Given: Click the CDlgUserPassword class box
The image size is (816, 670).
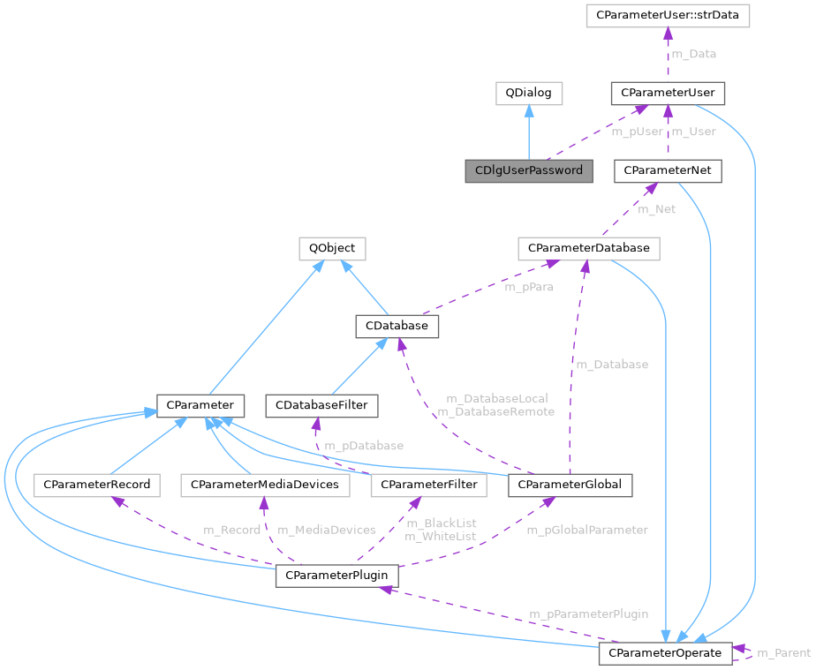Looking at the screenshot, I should pos(529,170).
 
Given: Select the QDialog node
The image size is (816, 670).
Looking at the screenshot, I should pos(528,92).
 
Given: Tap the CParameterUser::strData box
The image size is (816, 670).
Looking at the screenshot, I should pos(668,16).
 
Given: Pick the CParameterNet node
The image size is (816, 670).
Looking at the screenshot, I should pos(668,170).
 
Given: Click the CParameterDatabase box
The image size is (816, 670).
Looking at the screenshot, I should pos(588,248).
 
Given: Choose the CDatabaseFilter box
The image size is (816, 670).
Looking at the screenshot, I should pos(322,406).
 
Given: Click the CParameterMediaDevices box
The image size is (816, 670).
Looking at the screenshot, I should pos(265,485).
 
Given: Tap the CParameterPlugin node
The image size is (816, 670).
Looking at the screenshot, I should pos(336,576).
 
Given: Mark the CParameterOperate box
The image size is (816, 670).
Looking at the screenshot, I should pos(665,653).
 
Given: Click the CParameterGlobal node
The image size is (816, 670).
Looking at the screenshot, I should pos(570,485).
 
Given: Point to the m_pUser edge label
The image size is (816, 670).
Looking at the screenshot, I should pos(637,132).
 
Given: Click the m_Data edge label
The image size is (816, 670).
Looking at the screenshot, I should pos(694,54).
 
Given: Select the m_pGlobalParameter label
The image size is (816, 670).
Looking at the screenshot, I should pos(586,530).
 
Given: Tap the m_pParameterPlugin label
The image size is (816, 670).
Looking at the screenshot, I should pos(588,614).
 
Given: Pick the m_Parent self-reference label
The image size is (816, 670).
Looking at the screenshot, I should pos(783,653).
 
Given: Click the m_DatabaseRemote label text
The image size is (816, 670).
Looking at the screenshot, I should pos(495,411).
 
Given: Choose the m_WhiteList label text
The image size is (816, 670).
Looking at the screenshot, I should pos(440,536).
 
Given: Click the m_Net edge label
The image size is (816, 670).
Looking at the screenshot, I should pos(656,209).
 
